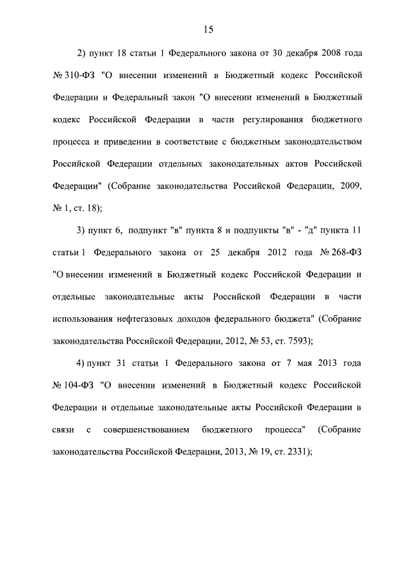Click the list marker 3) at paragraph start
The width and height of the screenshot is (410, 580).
[x=81, y=230]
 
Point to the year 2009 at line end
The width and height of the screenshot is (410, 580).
[x=352, y=186]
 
